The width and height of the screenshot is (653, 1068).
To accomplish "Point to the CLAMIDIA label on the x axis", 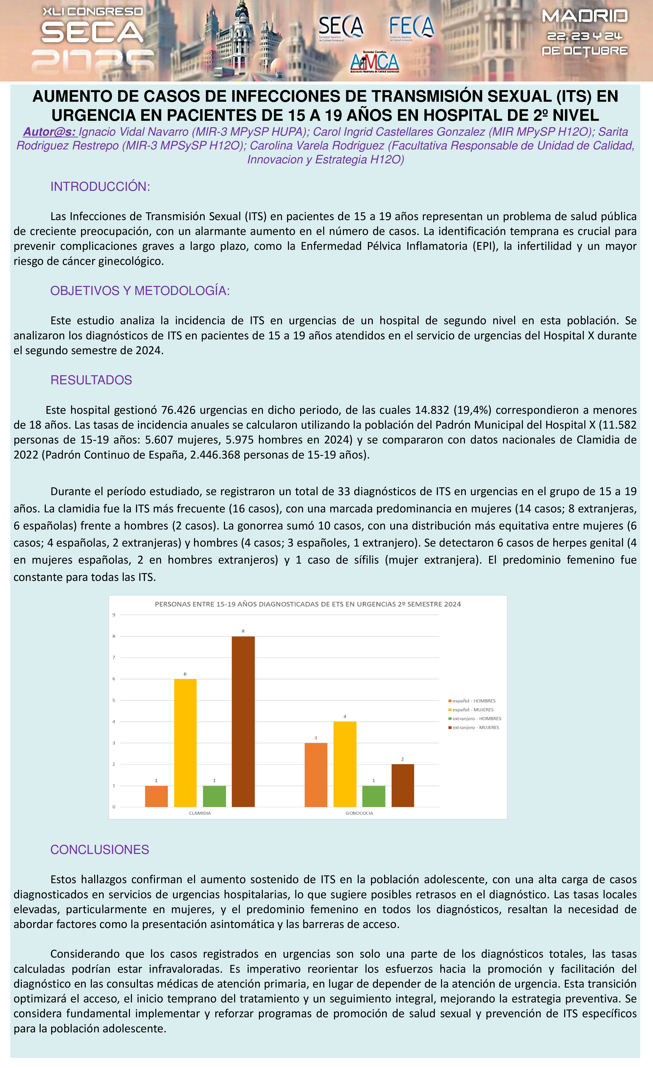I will (x=200, y=813).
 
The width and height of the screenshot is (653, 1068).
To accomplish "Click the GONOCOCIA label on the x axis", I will (x=359, y=813).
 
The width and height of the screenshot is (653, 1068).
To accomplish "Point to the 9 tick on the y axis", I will (x=114, y=615).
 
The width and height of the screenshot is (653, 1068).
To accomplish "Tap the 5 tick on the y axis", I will (x=114, y=700).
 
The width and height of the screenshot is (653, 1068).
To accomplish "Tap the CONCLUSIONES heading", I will (x=100, y=849).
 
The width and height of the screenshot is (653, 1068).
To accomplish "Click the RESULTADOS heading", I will (x=91, y=380).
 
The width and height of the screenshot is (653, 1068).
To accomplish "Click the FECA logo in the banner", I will (x=411, y=27).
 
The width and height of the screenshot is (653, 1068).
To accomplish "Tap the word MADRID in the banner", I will (x=585, y=16).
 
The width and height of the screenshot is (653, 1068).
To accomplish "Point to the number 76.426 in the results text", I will (x=178, y=410).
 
